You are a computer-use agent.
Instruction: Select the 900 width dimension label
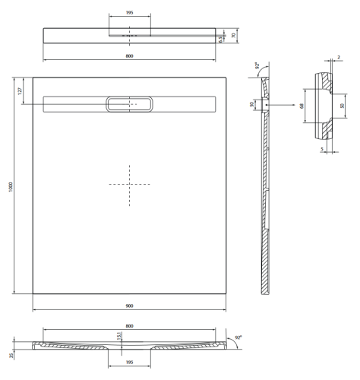coord(130,305)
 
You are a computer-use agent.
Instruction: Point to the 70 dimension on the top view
coord(235,35)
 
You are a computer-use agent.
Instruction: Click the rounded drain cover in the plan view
coord(130,104)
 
